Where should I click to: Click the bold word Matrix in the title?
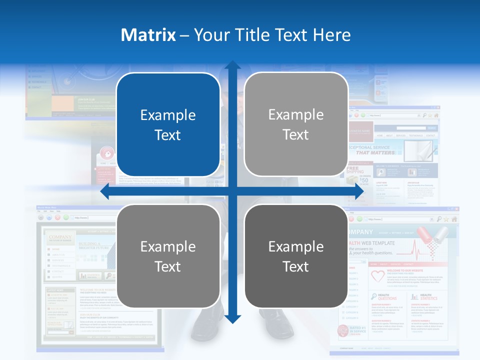pos(148,35)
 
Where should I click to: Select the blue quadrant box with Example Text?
pos(168,125)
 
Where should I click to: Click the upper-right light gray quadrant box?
pos(296,124)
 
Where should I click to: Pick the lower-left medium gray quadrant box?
pos(168,256)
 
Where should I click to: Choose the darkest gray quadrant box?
pos(296,256)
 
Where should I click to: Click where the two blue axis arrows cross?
pos(232,191)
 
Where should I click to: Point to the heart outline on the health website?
pos(378,275)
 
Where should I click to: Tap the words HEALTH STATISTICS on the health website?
pos(428,297)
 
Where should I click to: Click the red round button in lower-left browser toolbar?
pos(57,217)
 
